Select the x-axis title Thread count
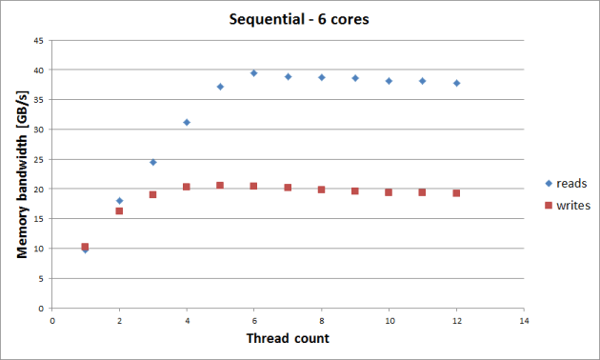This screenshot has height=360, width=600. pyautogui.click(x=287, y=339)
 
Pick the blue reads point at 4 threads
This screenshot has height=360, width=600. pyautogui.click(x=187, y=122)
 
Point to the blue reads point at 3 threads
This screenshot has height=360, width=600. pyautogui.click(x=152, y=162)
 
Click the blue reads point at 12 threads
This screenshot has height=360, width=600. pyautogui.click(x=456, y=83)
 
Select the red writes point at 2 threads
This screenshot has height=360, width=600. pyautogui.click(x=119, y=210)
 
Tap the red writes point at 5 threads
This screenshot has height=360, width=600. pyautogui.click(x=220, y=185)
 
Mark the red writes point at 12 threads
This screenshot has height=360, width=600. pyautogui.click(x=456, y=192)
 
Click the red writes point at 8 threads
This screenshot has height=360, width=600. pyautogui.click(x=321, y=190)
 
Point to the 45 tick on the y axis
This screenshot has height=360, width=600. pyautogui.click(x=38, y=41)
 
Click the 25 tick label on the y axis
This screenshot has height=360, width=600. pyautogui.click(x=38, y=159)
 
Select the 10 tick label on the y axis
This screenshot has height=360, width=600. pyautogui.click(x=38, y=249)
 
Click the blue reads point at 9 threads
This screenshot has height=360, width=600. pyautogui.click(x=355, y=78)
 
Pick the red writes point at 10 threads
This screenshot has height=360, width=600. pyautogui.click(x=389, y=191)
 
